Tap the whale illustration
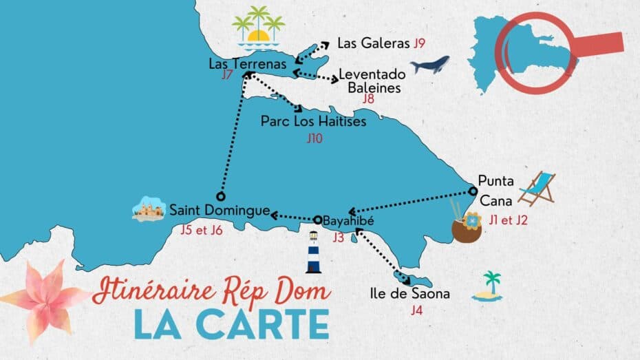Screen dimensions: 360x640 430,65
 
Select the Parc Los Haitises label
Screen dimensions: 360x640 313,121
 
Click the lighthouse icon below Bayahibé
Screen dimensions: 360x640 314,253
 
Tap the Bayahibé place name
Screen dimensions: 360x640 348,222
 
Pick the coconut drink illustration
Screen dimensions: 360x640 467,224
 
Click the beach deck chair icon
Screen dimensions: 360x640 537,189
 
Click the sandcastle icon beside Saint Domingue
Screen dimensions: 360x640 149,210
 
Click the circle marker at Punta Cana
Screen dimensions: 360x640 473,191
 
